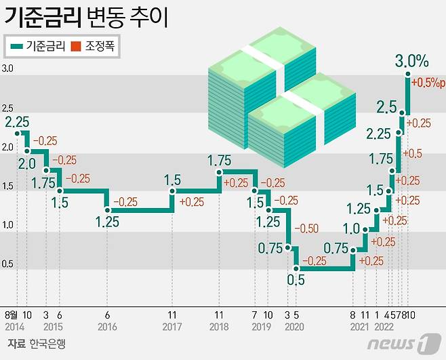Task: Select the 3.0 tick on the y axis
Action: coord(7,69)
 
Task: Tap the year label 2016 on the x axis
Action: coord(107,327)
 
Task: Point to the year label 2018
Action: coord(219,327)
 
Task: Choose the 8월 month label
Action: coord(12,315)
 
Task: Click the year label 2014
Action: coord(14,327)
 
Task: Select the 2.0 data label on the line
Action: coord(27,163)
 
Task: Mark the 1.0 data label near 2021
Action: coord(351,228)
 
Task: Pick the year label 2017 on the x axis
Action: coord(172,327)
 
